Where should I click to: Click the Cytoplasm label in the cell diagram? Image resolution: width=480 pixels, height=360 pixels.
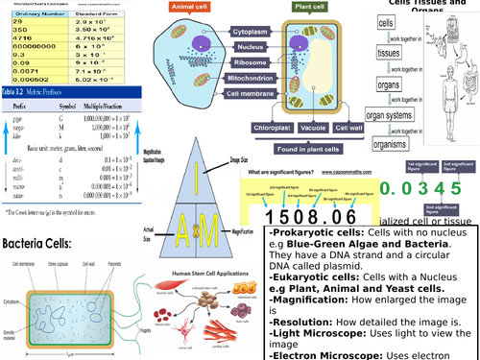249,32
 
